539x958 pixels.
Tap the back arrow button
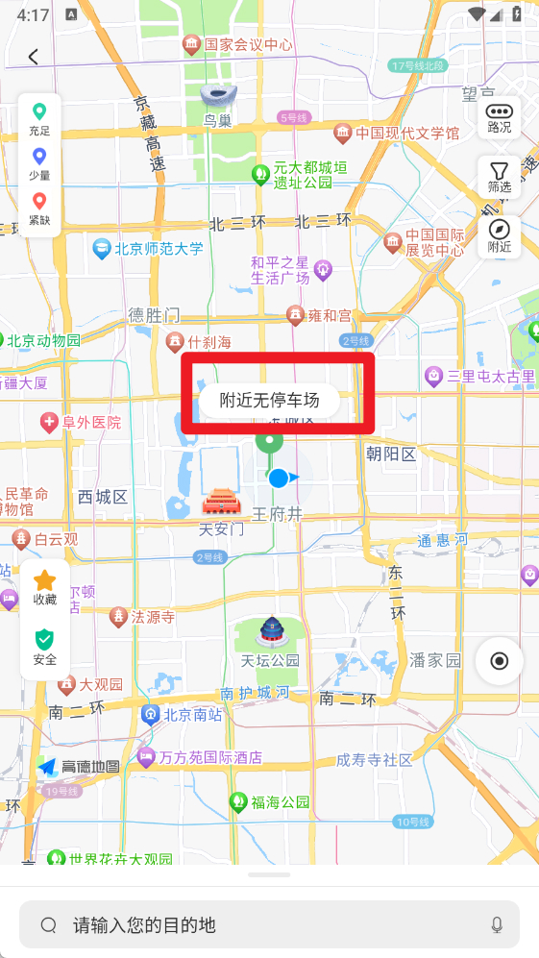click(x=34, y=57)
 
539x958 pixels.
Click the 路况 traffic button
click(x=500, y=116)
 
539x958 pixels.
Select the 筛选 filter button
click(x=500, y=177)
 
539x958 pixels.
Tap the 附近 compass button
click(x=500, y=235)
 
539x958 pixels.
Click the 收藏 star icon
click(x=45, y=586)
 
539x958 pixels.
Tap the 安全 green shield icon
click(x=45, y=646)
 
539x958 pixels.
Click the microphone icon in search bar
click(x=497, y=924)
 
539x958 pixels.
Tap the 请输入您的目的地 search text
click(x=144, y=925)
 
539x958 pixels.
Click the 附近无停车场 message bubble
click(x=269, y=401)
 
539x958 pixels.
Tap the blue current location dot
click(x=279, y=478)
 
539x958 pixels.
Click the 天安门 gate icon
click(x=220, y=503)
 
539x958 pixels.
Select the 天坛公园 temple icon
click(x=272, y=632)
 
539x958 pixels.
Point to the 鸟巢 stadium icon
click(x=216, y=96)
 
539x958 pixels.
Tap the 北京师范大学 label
click(x=158, y=249)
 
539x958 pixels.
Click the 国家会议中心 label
click(x=247, y=44)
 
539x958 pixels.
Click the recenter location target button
click(x=500, y=660)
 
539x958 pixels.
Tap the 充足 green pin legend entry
click(x=39, y=119)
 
